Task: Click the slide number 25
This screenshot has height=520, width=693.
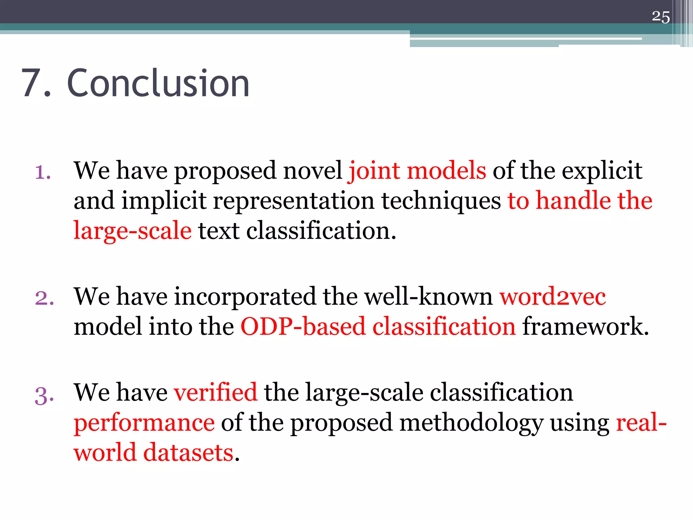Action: (x=661, y=17)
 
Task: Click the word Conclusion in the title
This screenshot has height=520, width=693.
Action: (x=158, y=83)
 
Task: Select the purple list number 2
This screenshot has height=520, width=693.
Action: (x=44, y=298)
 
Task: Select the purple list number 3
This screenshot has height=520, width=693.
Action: (x=44, y=395)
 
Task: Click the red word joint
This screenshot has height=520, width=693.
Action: (x=374, y=171)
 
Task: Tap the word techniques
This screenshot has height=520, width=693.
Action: (x=441, y=201)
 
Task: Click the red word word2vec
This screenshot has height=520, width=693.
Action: (x=553, y=297)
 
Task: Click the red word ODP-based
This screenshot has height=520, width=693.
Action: (x=303, y=327)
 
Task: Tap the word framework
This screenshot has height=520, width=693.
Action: (x=585, y=327)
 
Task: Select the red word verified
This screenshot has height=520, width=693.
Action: (x=216, y=393)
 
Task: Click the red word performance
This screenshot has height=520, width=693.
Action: (x=144, y=423)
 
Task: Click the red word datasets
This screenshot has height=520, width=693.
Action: (x=188, y=453)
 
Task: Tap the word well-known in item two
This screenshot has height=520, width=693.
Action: (x=428, y=297)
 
